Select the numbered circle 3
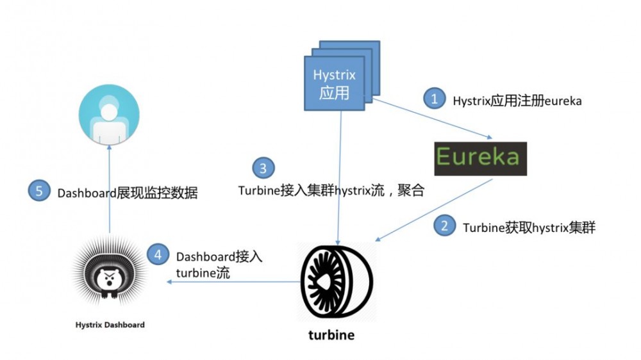pyautogui.click(x=263, y=168)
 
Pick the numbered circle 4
pyautogui.click(x=158, y=254)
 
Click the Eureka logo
pyautogui.click(x=480, y=158)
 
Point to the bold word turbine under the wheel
pyautogui.click(x=331, y=335)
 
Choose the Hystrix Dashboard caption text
pyautogui.click(x=110, y=325)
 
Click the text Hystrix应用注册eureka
pyautogui.click(x=517, y=101)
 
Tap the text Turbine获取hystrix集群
pyautogui.click(x=529, y=227)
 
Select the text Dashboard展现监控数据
pyautogui.click(x=127, y=193)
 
